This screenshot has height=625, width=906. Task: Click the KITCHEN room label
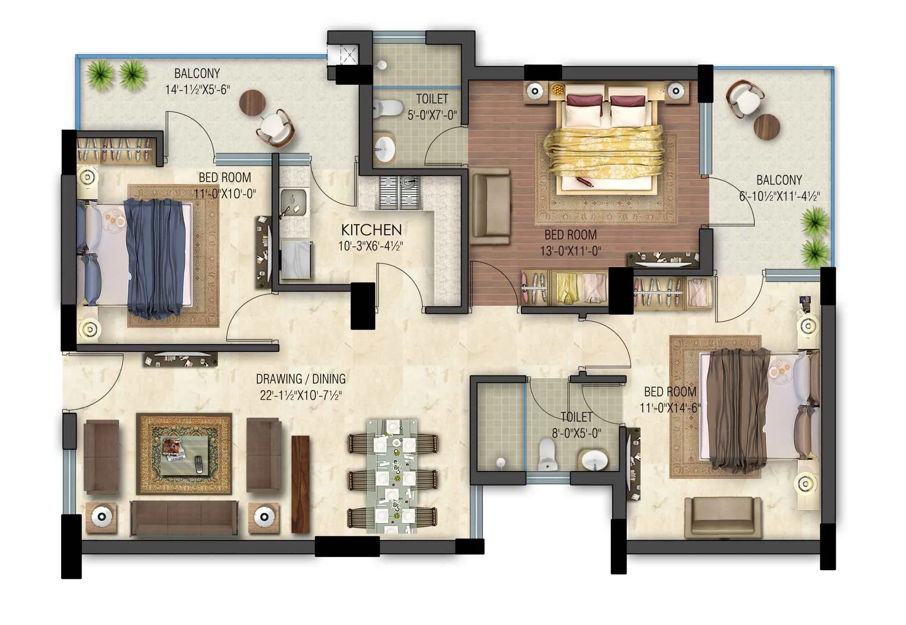click(x=371, y=230)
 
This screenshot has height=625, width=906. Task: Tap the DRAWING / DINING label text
click(x=300, y=379)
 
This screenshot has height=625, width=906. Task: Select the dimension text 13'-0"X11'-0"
click(x=570, y=251)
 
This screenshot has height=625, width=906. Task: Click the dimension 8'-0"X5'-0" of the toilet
click(x=576, y=433)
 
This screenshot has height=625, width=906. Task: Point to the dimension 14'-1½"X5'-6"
click(x=197, y=90)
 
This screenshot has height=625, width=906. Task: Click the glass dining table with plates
click(x=392, y=476)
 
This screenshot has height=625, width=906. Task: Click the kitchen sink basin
click(x=293, y=200)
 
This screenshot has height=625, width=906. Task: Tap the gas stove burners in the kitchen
click(x=399, y=192)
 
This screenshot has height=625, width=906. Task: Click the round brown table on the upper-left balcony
click(x=252, y=102)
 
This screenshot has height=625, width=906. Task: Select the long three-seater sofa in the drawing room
click(x=184, y=518)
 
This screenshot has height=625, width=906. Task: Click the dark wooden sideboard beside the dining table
click(x=300, y=484)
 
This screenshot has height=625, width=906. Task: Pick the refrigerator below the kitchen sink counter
click(x=296, y=260)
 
